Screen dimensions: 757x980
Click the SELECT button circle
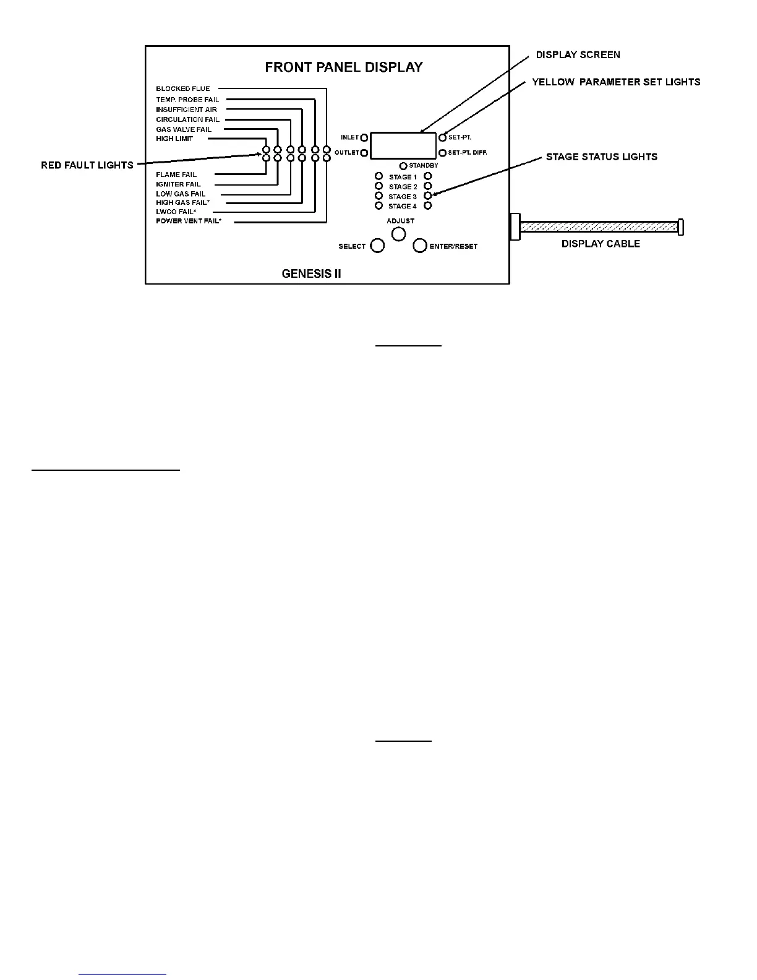pyautogui.click(x=377, y=246)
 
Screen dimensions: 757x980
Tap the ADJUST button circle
pyautogui.click(x=399, y=234)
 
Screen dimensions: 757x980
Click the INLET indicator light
pyautogui.click(x=364, y=137)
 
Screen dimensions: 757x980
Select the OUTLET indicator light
pyautogui.click(x=364, y=153)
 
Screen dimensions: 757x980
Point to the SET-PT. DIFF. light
pyautogui.click(x=442, y=153)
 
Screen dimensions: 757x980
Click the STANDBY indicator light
pyautogui.click(x=403, y=166)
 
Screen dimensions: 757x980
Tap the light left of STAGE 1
pyautogui.click(x=379, y=177)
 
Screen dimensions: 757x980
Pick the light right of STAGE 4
pyautogui.click(x=428, y=206)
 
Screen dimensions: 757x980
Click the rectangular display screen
pyautogui.click(x=403, y=145)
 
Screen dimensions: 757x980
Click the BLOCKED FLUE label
pyautogui.click(x=182, y=88)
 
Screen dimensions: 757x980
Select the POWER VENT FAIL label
pyautogui.click(x=188, y=221)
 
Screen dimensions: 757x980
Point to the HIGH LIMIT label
pyautogui.click(x=174, y=139)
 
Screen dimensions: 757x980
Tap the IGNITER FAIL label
pyautogui.click(x=178, y=184)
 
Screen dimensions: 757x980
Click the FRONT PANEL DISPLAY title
pyautogui.click(x=344, y=67)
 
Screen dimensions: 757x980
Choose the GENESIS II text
pyautogui.click(x=311, y=273)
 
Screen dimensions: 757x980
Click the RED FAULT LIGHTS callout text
pyautogui.click(x=87, y=165)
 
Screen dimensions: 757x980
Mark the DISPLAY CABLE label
pyautogui.click(x=601, y=244)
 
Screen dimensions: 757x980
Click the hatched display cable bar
pyautogui.click(x=599, y=226)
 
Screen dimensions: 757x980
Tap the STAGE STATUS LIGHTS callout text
pyautogui.click(x=601, y=157)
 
